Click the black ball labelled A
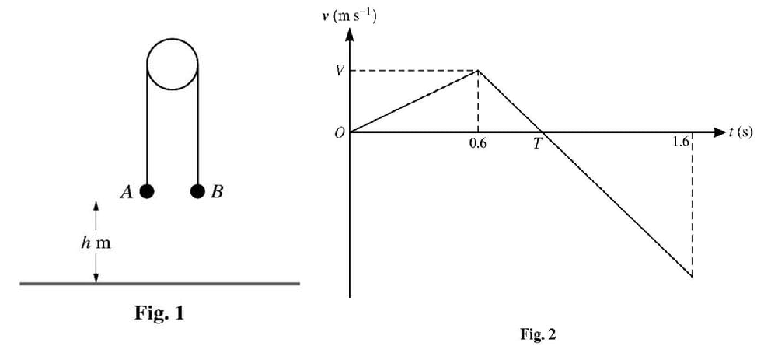click(x=147, y=190)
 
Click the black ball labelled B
click(x=197, y=190)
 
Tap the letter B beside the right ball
click(x=217, y=192)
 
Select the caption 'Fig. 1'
click(x=158, y=315)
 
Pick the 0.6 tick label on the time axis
click(x=477, y=143)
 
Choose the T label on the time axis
click(x=536, y=145)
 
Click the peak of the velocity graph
click(x=478, y=71)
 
